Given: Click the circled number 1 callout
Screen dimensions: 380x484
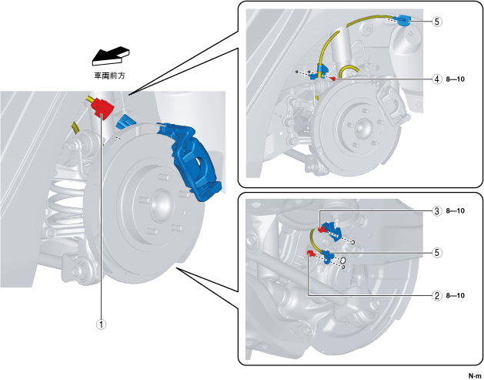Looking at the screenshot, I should (101, 325).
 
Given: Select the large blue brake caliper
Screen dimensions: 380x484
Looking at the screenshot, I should (192, 158).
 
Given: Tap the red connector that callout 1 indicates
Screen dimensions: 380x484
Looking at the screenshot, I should (99, 109).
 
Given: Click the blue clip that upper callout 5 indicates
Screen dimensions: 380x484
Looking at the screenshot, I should (405, 21).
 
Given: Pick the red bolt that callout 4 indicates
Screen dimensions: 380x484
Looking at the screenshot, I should (332, 78).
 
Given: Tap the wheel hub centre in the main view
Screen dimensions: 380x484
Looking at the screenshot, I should (160, 205).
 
